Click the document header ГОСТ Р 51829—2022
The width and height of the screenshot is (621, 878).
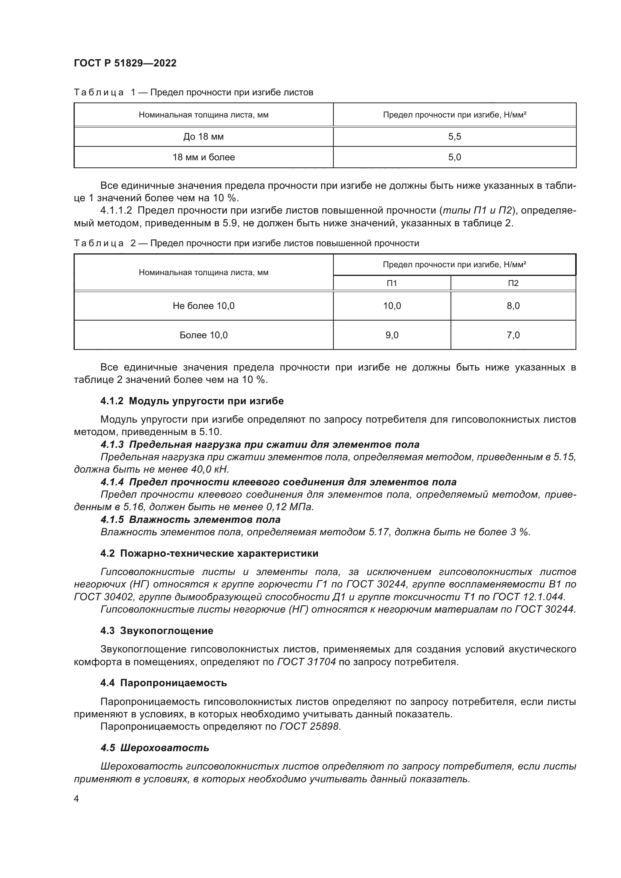click(x=125, y=63)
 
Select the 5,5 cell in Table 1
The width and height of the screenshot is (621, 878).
click(x=454, y=137)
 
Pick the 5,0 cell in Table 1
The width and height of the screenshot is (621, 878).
click(x=454, y=157)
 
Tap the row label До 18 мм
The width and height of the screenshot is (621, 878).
click(x=203, y=137)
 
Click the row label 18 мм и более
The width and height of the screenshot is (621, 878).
click(x=203, y=157)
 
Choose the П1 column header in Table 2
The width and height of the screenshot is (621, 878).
click(x=392, y=283)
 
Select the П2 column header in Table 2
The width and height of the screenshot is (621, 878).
click(x=513, y=283)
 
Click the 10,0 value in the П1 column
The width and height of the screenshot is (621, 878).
click(x=392, y=306)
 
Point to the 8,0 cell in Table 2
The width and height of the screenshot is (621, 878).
click(x=513, y=306)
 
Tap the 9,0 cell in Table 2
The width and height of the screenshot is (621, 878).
click(x=392, y=335)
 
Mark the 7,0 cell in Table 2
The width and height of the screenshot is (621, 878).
click(x=513, y=335)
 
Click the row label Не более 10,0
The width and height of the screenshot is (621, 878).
click(x=203, y=306)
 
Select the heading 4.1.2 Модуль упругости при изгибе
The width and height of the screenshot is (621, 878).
click(x=192, y=401)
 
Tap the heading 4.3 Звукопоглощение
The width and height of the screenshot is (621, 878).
click(x=157, y=631)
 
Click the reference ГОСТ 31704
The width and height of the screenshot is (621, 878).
click(x=306, y=662)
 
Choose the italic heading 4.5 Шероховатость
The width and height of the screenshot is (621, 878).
click(x=155, y=748)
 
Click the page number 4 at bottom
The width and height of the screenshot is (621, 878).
click(x=76, y=798)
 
